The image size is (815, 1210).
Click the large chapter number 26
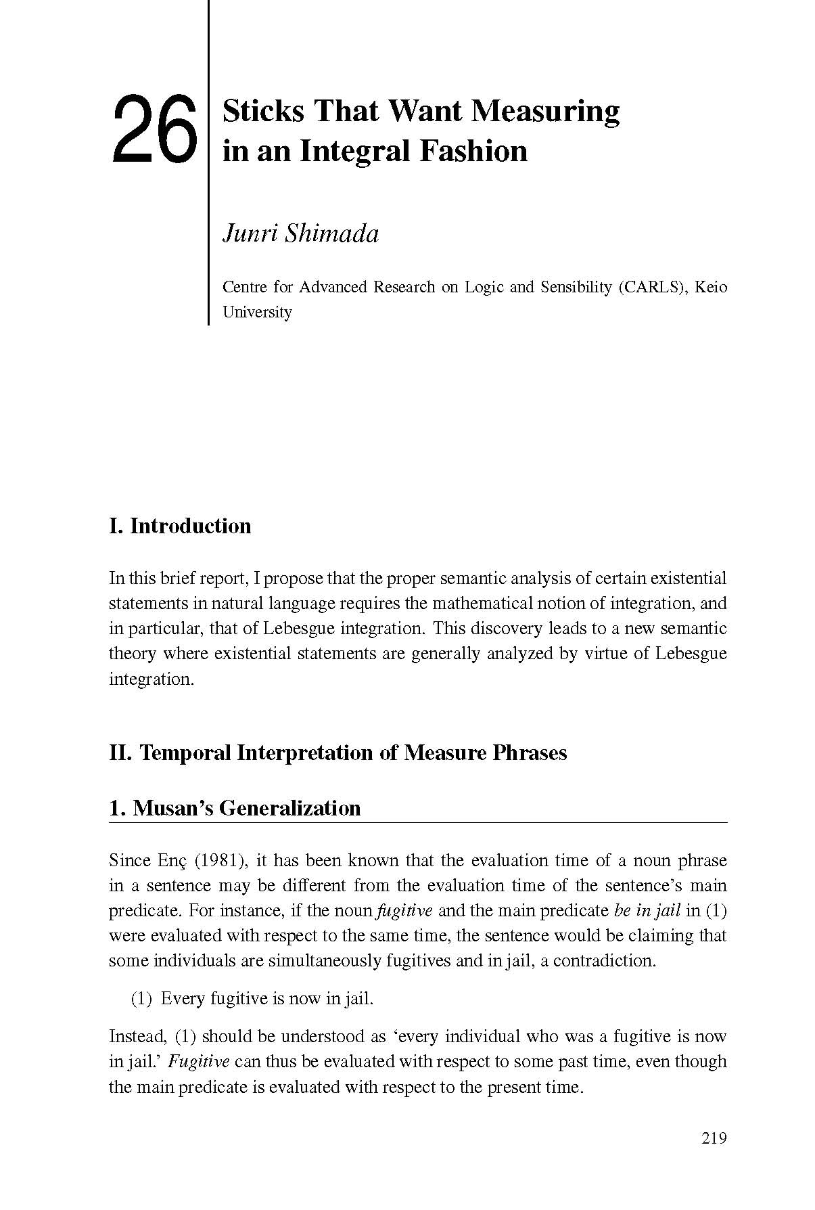point(155,129)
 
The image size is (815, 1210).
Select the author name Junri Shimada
point(300,233)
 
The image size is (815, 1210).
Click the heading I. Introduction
point(180,526)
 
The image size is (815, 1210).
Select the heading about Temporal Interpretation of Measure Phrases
point(337,753)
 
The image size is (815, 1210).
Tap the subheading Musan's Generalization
point(235,808)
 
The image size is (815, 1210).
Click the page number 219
point(714,1138)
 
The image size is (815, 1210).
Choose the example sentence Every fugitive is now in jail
point(266,998)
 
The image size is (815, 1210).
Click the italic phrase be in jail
point(647,911)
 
